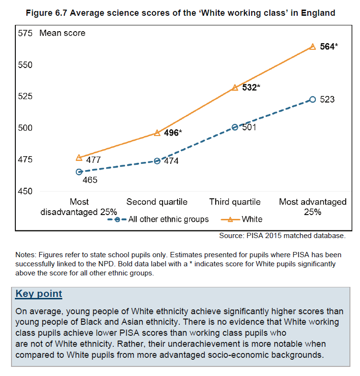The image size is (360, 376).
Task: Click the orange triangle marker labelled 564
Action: (x=313, y=46)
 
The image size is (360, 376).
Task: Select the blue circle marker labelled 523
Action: (x=313, y=99)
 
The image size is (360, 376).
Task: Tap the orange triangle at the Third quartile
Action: (x=235, y=88)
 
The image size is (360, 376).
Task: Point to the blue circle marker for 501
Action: (x=235, y=127)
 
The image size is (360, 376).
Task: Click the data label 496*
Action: (x=173, y=133)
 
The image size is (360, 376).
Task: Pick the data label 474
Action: (x=171, y=161)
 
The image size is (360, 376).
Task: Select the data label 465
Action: (x=90, y=180)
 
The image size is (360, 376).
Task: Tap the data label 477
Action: (x=93, y=160)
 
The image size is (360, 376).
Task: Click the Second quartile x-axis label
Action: (x=157, y=202)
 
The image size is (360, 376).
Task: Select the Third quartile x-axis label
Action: (x=235, y=202)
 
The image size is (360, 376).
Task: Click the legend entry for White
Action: (x=252, y=219)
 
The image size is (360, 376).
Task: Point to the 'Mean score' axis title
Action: (x=62, y=33)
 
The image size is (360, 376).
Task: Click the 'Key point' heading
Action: (x=39, y=294)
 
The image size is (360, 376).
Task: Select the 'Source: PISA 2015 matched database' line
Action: (x=282, y=236)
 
